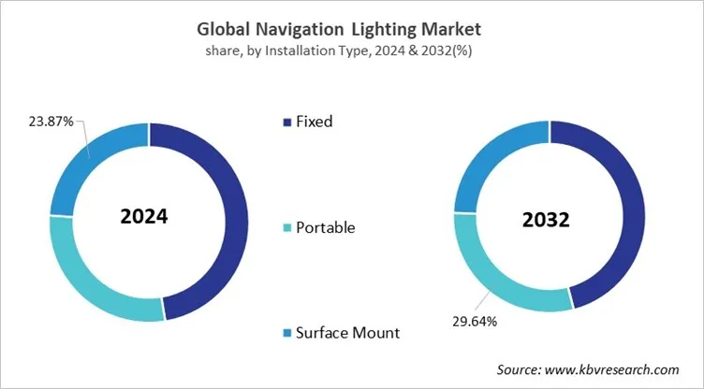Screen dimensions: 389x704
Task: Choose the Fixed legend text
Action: tap(314, 121)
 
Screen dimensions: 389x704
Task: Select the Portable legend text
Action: tap(325, 227)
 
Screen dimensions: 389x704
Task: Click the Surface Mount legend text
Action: tap(347, 332)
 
